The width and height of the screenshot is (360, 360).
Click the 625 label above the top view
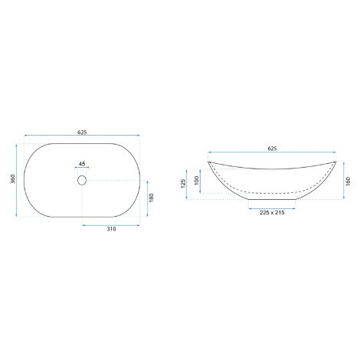[x=82, y=132]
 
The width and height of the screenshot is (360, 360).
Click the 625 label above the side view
[x=272, y=149]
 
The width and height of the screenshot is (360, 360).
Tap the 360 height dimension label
[x=13, y=178]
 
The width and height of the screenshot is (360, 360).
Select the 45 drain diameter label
[x=82, y=164]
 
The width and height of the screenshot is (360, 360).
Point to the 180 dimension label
[x=151, y=198]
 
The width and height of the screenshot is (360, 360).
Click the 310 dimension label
[x=111, y=229]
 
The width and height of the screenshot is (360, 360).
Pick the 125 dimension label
[x=183, y=184]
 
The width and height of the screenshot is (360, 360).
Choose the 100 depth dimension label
[x=197, y=181]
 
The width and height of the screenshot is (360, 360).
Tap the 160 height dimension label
[x=349, y=181]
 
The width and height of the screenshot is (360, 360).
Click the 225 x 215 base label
[x=272, y=212]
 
